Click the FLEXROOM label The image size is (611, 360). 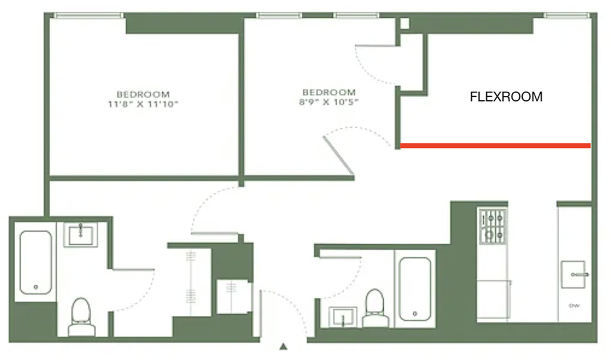(506, 97)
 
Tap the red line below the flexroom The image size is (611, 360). (495, 146)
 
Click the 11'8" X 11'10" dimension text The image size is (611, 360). (143, 104)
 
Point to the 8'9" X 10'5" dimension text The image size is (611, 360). (329, 102)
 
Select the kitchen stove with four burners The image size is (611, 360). (492, 226)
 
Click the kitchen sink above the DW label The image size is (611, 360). (574, 275)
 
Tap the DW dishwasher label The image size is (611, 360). (574, 306)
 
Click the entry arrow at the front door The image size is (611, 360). (283, 346)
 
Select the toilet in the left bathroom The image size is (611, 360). (81, 316)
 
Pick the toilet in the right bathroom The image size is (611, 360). (375, 308)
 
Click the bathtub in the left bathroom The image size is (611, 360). (35, 262)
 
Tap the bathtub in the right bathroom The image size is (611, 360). (415, 289)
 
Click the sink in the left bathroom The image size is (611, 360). (81, 235)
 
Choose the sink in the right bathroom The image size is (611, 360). (343, 316)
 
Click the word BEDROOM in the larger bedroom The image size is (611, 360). (143, 94)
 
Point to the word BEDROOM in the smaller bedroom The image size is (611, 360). (329, 93)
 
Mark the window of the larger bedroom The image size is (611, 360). (88, 16)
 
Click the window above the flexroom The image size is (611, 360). (567, 16)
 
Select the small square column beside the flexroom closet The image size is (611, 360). (405, 23)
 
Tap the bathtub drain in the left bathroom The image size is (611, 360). (36, 287)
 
